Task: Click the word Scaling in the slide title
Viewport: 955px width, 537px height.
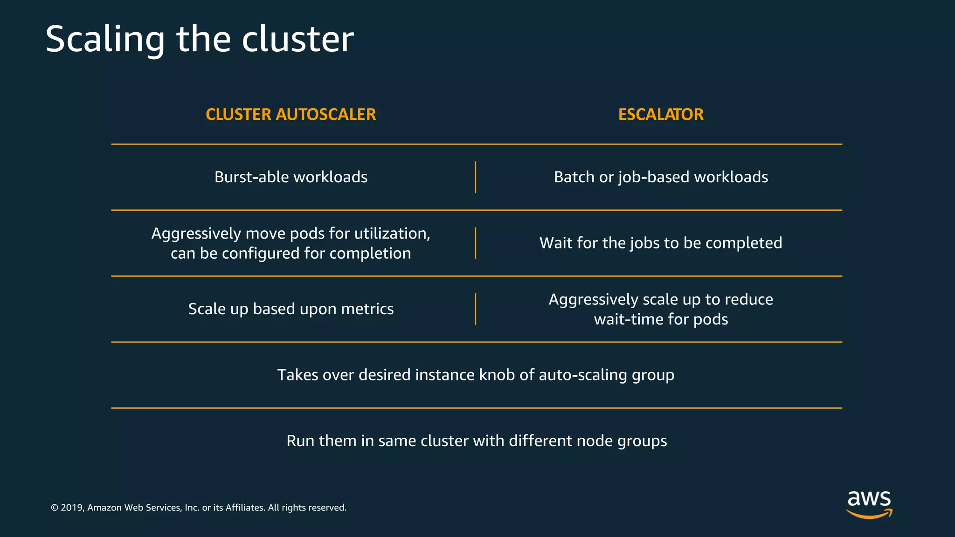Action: pos(105,39)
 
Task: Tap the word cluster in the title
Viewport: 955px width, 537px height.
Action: pos(298,39)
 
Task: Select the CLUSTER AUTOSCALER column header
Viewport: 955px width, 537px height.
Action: pos(291,114)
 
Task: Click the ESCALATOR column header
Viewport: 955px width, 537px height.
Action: pos(661,114)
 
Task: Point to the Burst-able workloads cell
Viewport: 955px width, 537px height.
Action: pos(291,177)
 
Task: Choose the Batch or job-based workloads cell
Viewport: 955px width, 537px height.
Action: pos(661,177)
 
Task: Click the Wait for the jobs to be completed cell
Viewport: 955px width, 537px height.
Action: pos(661,243)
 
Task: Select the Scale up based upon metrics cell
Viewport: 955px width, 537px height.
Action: pos(291,309)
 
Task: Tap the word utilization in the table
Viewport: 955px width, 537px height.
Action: pos(392,233)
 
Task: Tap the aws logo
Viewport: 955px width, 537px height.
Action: pos(869,504)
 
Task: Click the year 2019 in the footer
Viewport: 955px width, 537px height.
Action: pos(72,508)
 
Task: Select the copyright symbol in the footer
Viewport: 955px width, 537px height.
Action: pos(54,508)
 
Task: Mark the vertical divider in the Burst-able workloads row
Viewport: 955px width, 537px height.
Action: pos(475,177)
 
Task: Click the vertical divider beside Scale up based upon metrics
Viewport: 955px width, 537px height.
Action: pos(475,309)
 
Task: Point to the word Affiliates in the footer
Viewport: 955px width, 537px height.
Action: pos(245,508)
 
